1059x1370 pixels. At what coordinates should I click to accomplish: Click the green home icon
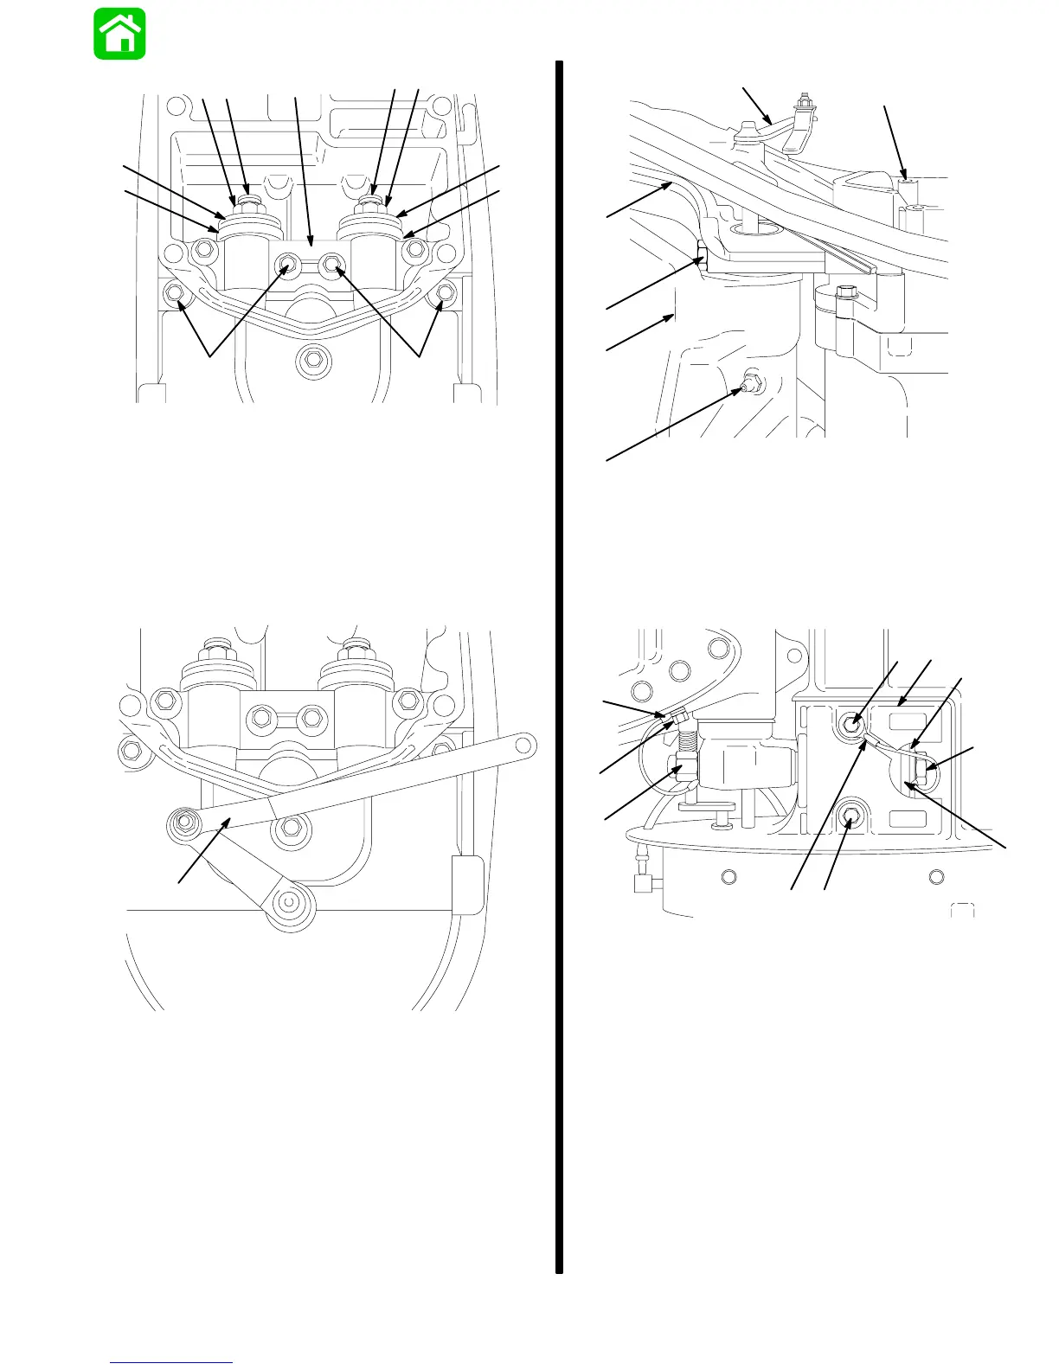click(x=119, y=35)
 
